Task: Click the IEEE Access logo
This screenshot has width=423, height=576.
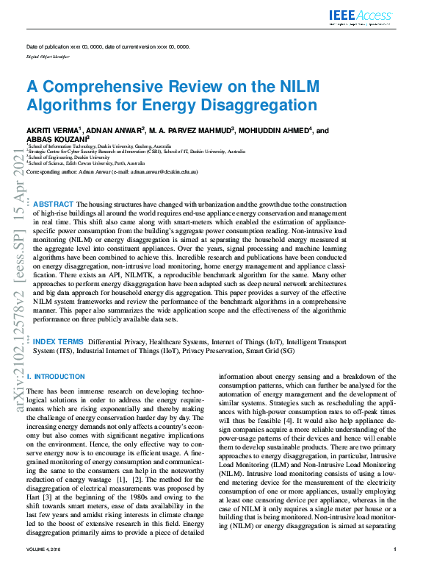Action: pos(361,15)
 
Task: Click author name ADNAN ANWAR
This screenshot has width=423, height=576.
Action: pos(117,130)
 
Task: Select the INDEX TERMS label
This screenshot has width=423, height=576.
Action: pos(58,342)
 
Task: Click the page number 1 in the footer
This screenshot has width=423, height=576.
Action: pos(395,570)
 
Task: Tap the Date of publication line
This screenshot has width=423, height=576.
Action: pos(107,46)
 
